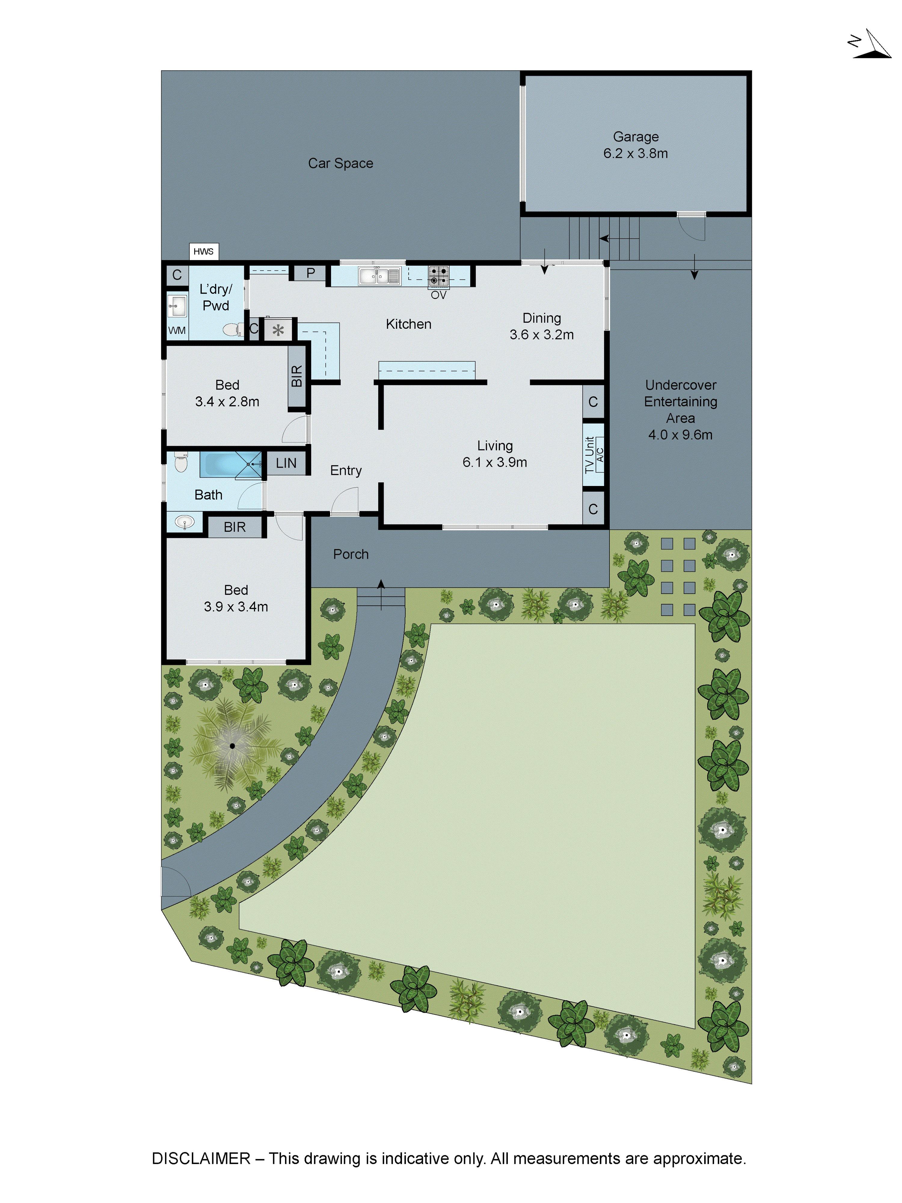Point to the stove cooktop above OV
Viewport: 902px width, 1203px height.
pos(438,276)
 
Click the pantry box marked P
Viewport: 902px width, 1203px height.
pos(311,273)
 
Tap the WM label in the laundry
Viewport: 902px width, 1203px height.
pos(177,330)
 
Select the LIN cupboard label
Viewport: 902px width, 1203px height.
pos(286,463)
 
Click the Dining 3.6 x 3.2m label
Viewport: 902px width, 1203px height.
pos(542,326)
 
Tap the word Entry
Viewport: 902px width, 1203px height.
pos(346,470)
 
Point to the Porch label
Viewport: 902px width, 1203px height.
pos(351,554)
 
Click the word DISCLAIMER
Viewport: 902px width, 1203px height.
pos(201,1158)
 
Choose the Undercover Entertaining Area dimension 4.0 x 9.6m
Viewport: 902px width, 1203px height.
pos(680,435)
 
